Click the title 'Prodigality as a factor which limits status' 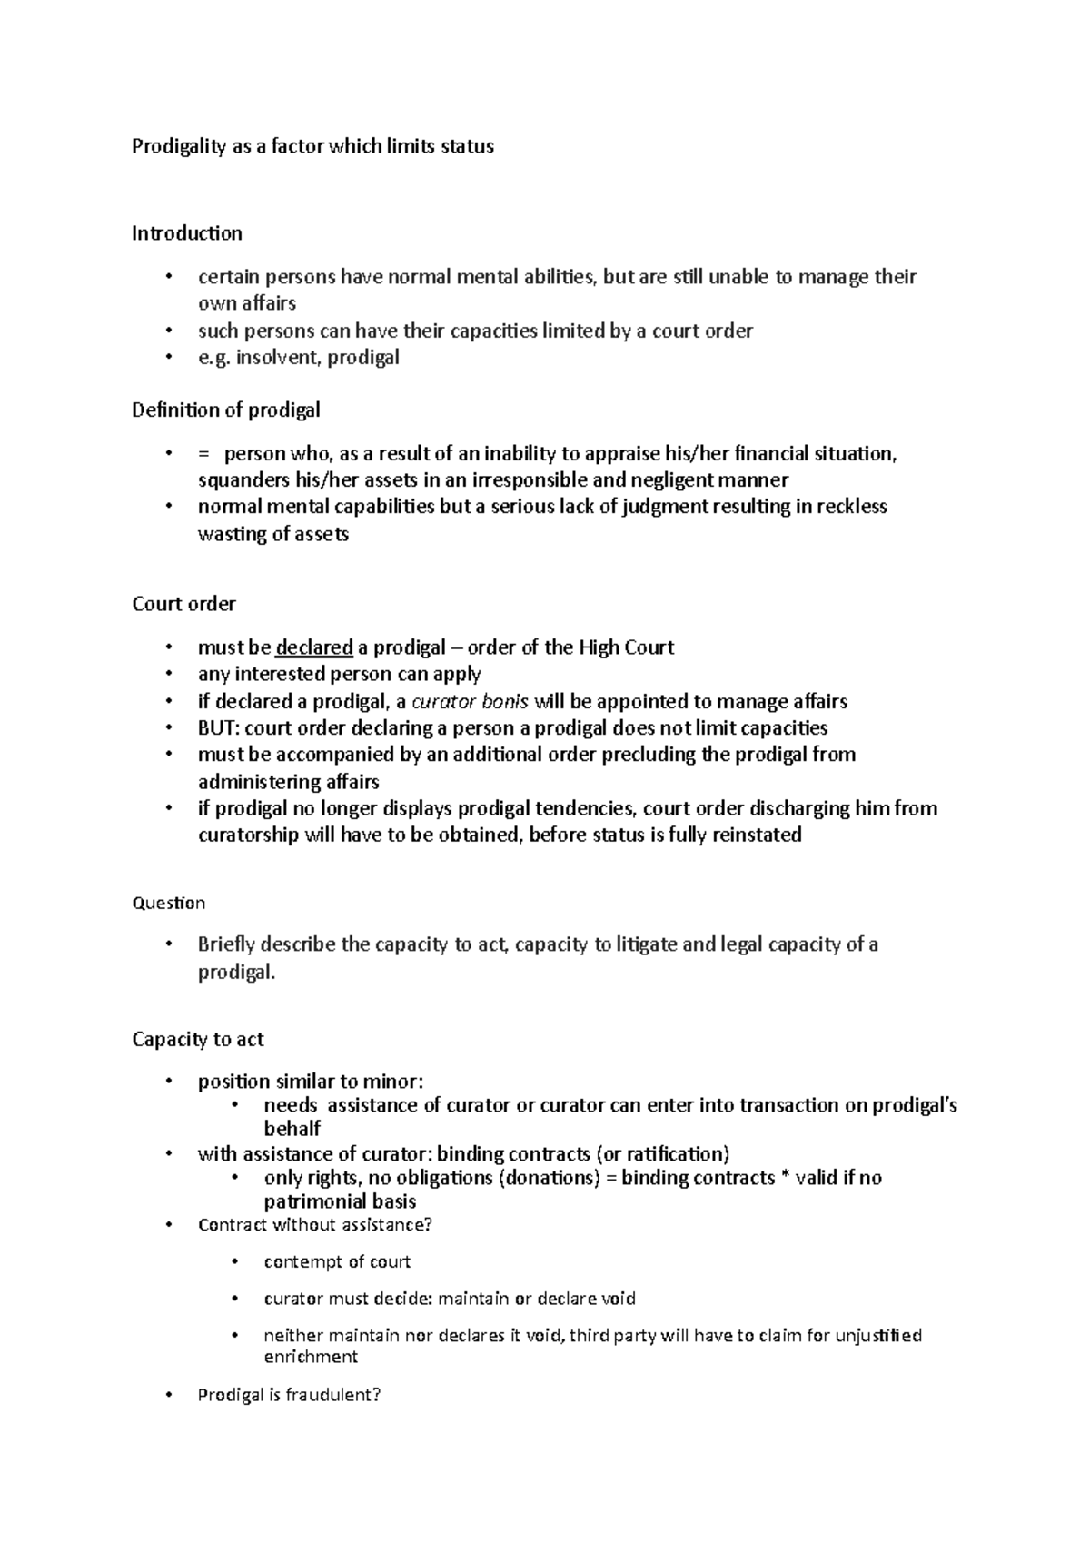[x=312, y=146]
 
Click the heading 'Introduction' [x=186, y=233]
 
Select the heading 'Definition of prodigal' [x=225, y=410]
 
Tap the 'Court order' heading [x=183, y=604]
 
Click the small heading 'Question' [x=168, y=903]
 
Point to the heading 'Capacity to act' [x=197, y=1039]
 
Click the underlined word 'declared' [x=313, y=647]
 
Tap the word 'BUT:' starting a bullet [x=219, y=727]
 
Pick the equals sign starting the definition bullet [x=203, y=454]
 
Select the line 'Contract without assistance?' [x=314, y=1224]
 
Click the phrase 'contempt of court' [x=337, y=1261]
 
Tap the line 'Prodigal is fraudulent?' [x=289, y=1395]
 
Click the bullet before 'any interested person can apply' [x=168, y=674]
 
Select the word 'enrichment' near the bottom [x=311, y=1357]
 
